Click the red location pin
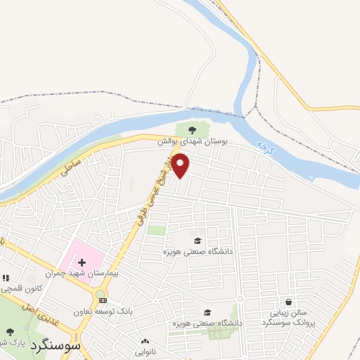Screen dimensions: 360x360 pyautogui.click(x=181, y=165)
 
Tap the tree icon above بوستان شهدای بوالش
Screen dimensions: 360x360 pyautogui.click(x=191, y=129)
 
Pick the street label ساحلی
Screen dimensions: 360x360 pyautogui.click(x=71, y=168)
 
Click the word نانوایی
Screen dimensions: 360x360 pyautogui.click(x=144, y=349)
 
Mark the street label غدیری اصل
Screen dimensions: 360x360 pyautogui.click(x=42, y=317)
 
